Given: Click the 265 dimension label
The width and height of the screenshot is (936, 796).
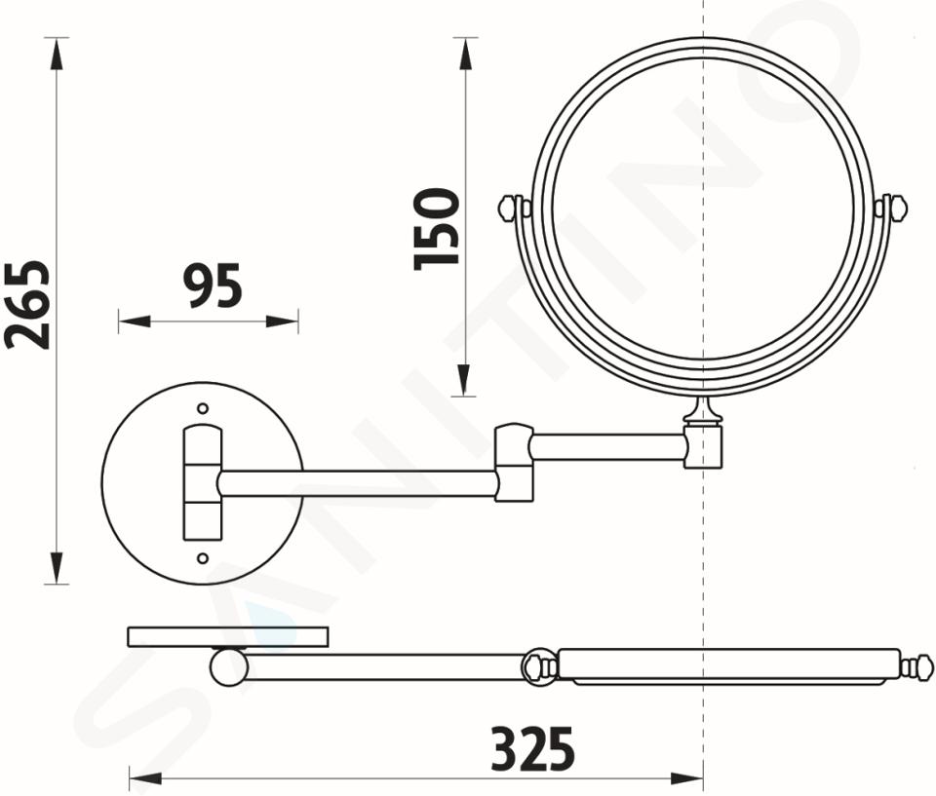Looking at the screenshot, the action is click(27, 304).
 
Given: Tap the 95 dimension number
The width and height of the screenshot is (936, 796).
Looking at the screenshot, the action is click(213, 286).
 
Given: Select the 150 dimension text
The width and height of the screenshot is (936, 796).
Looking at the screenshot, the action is click(437, 229).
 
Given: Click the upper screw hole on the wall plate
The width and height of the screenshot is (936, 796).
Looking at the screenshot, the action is click(203, 409).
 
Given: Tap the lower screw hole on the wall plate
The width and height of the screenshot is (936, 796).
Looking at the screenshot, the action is click(203, 558).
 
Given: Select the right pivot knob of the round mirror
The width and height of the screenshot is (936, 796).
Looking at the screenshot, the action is click(891, 208).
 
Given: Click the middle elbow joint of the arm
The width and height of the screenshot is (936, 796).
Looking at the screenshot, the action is click(514, 463).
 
